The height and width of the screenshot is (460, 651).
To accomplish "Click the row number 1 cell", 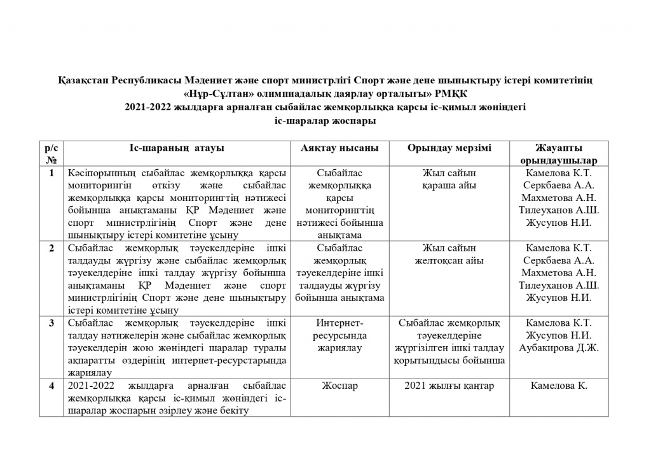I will tap(52, 172).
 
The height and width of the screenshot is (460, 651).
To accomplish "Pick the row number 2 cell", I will tap(52, 247).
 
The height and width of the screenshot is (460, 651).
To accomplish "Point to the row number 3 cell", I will tap(52, 323).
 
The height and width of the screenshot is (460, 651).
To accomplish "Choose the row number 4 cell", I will tap(52, 386).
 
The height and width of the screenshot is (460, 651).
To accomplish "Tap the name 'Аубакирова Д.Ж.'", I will tap(559, 347).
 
